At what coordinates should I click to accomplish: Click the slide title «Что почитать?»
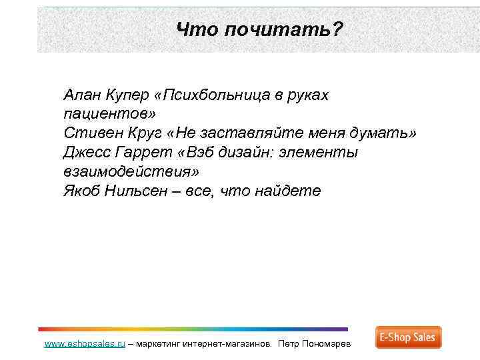point(260,29)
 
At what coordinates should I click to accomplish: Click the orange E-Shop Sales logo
point(408,337)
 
